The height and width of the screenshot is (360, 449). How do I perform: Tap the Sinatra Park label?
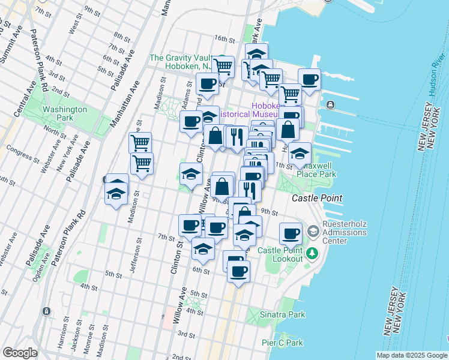pos(282,314)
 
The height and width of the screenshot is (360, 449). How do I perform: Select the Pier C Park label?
pos(282,343)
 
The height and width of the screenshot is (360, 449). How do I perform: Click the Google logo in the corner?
pos(20,353)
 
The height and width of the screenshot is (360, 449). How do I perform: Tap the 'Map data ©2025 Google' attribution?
pos(412,355)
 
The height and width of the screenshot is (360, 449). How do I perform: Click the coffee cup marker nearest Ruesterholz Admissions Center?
pos(291,233)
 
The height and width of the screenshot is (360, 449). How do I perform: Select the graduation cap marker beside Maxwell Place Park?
pos(300,154)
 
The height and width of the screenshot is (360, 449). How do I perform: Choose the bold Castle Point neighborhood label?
pos(317,198)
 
